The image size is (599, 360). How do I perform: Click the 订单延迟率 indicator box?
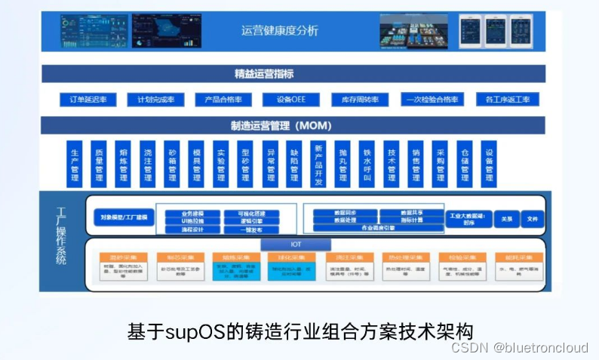pyautogui.click(x=88, y=100)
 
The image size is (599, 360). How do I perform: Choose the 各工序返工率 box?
pyautogui.click(x=507, y=100)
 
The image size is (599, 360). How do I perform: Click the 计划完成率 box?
pyautogui.click(x=155, y=100)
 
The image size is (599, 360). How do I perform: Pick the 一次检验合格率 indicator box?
pyautogui.click(x=430, y=100)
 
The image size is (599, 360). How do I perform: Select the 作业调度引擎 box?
pyautogui.click(x=378, y=227)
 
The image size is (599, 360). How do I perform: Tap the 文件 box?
pyautogui.click(x=533, y=218)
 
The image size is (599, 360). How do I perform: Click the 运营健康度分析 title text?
pyautogui.click(x=279, y=31)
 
